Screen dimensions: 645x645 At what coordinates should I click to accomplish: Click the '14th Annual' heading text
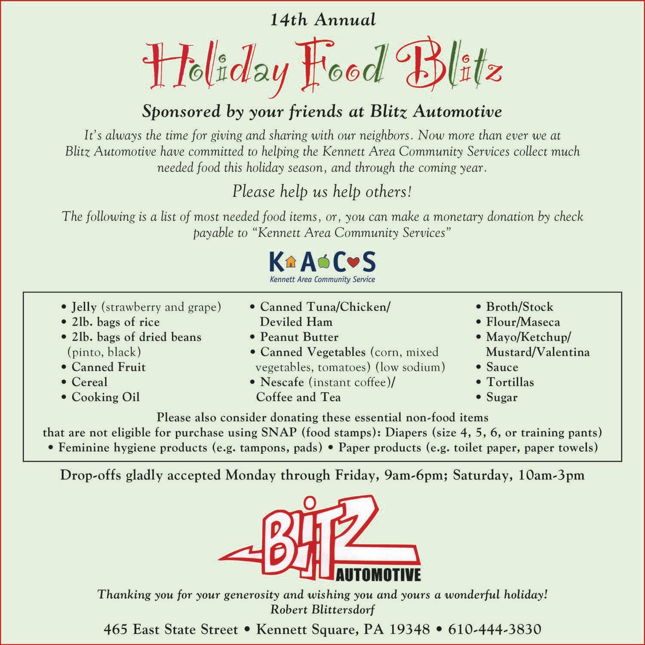(x=323, y=20)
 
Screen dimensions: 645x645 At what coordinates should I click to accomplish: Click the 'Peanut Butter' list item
(x=299, y=337)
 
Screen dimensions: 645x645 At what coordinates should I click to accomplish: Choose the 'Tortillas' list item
(x=510, y=382)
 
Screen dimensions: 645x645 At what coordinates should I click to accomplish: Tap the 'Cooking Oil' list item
(x=105, y=397)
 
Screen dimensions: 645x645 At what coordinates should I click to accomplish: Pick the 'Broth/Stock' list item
(x=519, y=307)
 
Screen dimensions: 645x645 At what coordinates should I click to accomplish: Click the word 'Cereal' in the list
(x=89, y=382)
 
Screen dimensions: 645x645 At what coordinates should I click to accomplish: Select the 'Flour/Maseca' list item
(x=523, y=322)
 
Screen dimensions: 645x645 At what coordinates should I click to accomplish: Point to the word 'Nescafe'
(x=282, y=382)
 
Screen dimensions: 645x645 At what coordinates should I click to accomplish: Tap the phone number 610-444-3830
(x=494, y=630)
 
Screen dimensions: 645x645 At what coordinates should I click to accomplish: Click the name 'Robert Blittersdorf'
(x=322, y=609)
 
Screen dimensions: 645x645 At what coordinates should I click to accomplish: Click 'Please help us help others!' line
(x=322, y=192)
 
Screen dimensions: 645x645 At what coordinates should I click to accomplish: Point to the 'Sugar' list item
(x=502, y=397)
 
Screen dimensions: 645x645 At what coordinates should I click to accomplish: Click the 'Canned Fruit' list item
(x=108, y=367)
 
